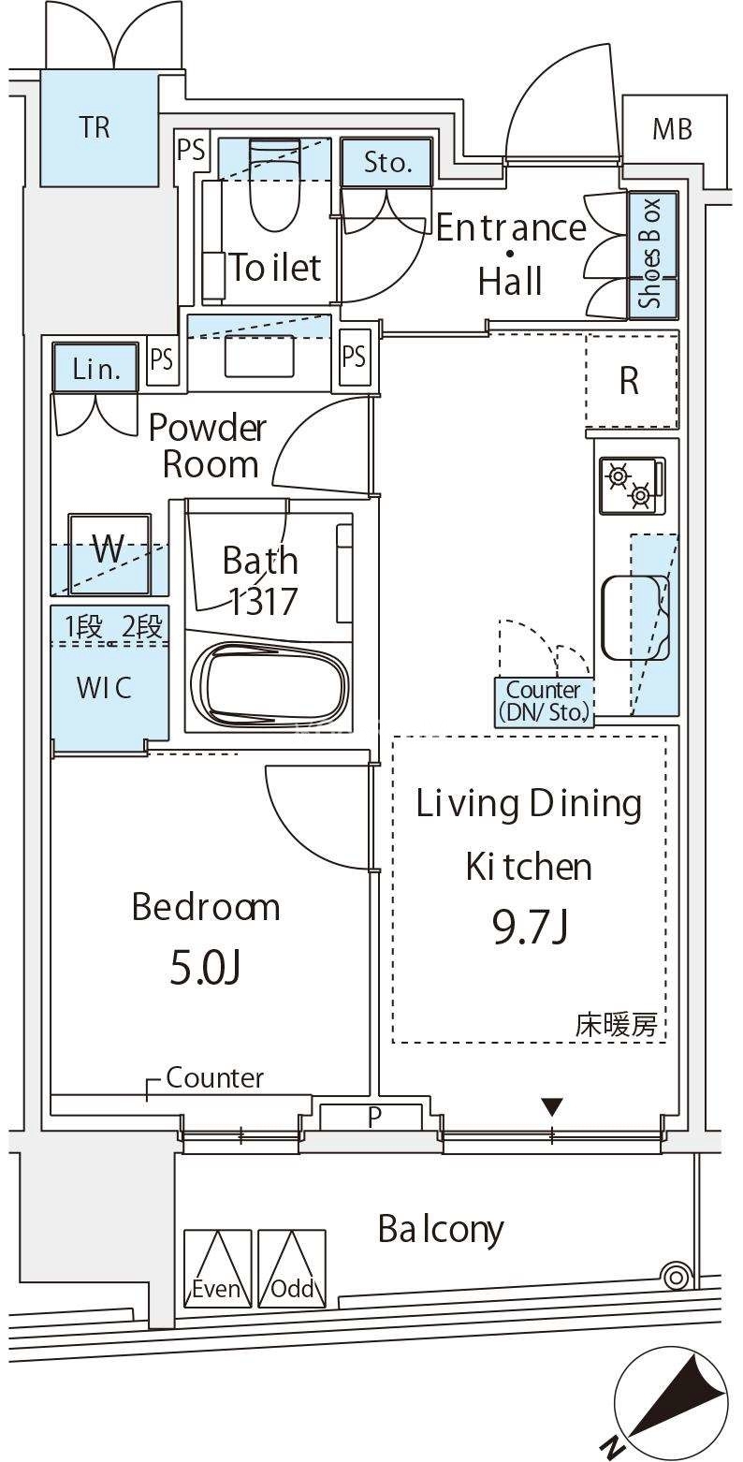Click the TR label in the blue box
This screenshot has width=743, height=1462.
(95, 127)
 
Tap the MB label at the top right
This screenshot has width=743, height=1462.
(673, 129)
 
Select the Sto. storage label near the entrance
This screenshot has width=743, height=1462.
(387, 162)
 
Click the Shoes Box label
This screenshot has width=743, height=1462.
(650, 254)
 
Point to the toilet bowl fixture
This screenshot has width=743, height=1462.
(274, 185)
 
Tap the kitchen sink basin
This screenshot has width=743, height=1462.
(635, 617)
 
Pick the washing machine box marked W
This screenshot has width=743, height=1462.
(109, 553)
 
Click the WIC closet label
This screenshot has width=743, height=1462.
(105, 687)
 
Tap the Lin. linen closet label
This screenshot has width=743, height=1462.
(96, 370)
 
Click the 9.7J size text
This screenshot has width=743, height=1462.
(531, 927)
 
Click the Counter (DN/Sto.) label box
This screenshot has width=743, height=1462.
(544, 702)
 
